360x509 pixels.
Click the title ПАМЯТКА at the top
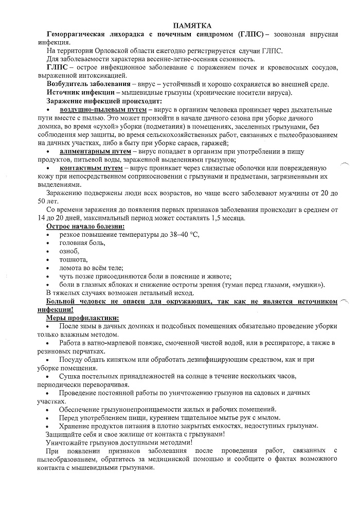[193, 25]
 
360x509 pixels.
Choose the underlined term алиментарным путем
[96, 152]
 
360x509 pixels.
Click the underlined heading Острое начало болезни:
[85, 226]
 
